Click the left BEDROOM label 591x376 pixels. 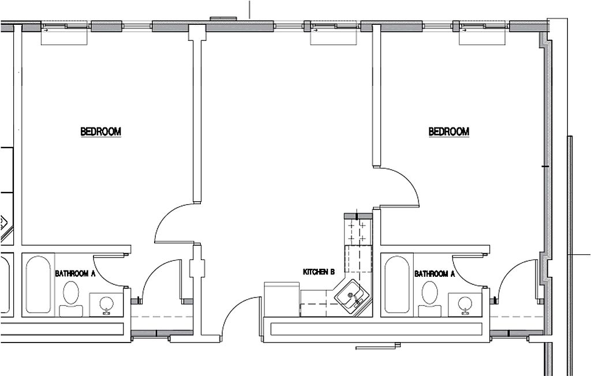coord(101,131)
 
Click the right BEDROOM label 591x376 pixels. coord(449,131)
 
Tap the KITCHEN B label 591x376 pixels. coord(319,272)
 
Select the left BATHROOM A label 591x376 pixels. coord(75,273)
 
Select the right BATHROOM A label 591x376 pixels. coord(435,273)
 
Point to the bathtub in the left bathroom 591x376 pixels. coord(39,284)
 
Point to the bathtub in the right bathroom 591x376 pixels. coord(397,284)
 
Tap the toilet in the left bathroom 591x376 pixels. coord(71,298)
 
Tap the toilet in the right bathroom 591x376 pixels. coord(429,298)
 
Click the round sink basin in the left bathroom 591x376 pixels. coord(106,304)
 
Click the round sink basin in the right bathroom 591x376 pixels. coord(465,304)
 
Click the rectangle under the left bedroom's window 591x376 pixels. coord(64,36)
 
